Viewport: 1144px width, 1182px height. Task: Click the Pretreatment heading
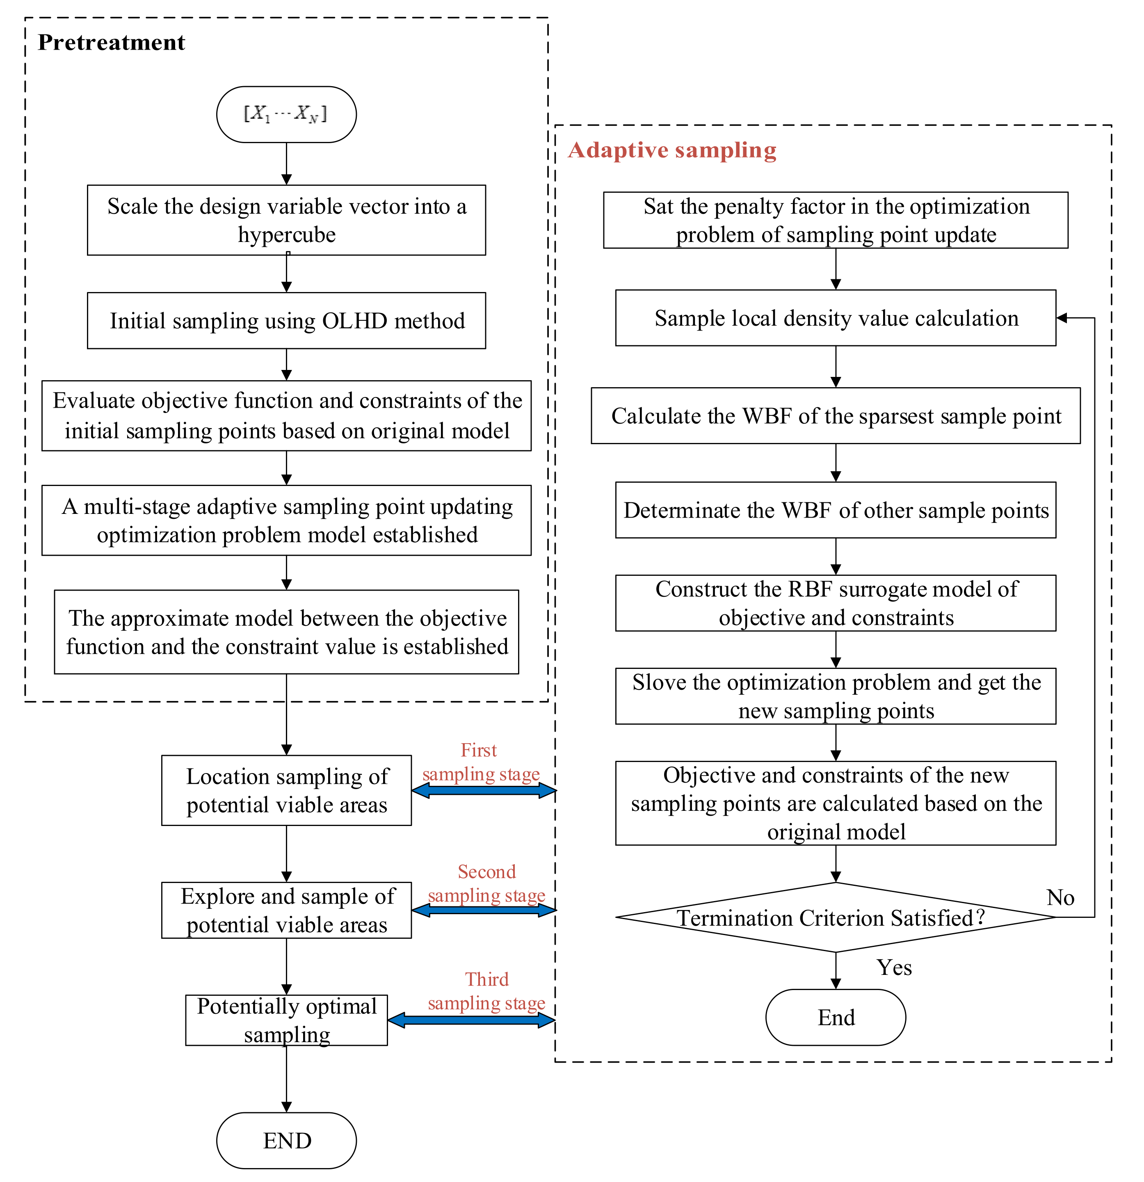(111, 43)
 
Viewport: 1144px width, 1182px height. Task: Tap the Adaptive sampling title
(672, 150)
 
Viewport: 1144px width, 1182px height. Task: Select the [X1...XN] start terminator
(286, 114)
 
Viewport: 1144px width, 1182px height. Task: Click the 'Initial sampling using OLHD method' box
(286, 321)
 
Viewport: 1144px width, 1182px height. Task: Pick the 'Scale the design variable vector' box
(286, 220)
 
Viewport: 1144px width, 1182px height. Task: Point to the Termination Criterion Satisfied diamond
(835, 917)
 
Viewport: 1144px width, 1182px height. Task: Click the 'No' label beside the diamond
(1060, 897)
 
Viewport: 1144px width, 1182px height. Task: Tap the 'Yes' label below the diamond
(894, 968)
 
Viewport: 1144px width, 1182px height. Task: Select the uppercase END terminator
(286, 1141)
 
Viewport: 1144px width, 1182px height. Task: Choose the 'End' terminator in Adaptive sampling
(835, 1018)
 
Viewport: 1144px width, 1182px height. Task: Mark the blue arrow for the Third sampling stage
(471, 1020)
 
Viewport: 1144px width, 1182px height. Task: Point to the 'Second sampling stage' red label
(486, 883)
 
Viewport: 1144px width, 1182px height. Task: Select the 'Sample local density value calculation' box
(835, 318)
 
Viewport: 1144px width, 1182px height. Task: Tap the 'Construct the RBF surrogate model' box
(835, 603)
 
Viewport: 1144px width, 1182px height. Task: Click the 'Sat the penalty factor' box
(835, 220)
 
